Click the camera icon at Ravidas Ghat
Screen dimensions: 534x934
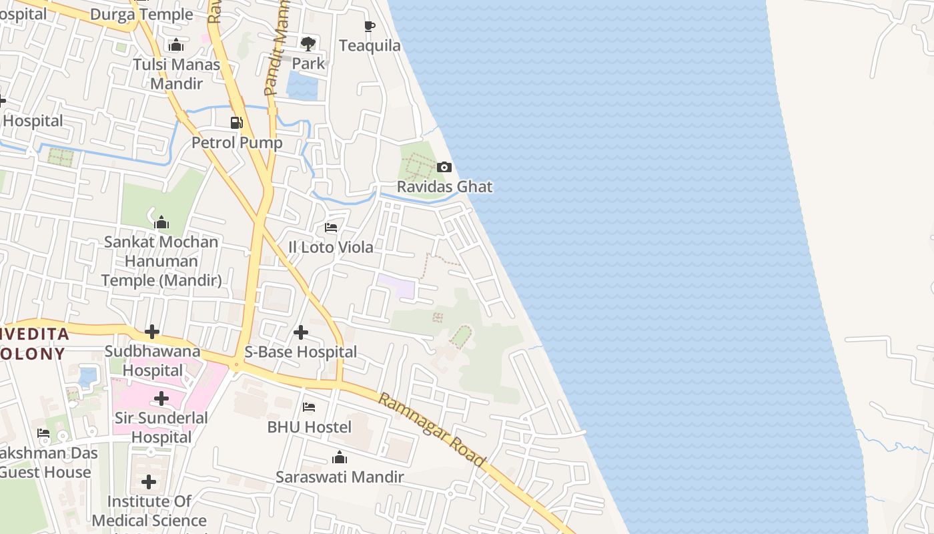[x=444, y=167]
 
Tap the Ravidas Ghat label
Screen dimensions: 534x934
[x=444, y=187]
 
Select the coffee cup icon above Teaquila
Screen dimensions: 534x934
[x=370, y=26]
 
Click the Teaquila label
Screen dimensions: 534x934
[x=370, y=45]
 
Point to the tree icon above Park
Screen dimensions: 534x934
[x=308, y=44]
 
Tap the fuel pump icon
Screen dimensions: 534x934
[x=236, y=122]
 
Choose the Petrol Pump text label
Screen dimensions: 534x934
[x=237, y=143]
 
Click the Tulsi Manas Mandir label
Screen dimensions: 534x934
[x=176, y=74]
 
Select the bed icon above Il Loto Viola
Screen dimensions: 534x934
[x=331, y=228]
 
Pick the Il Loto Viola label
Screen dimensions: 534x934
[x=331, y=247]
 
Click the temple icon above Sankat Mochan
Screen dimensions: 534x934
[x=161, y=222]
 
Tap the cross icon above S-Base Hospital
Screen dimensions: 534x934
[x=301, y=332]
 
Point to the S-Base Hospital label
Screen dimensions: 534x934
[x=301, y=352]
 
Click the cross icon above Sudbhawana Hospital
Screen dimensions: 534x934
[x=152, y=331]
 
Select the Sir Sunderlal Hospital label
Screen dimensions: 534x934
[x=161, y=427]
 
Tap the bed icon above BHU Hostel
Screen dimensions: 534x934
[x=309, y=407]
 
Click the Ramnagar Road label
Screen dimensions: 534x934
[x=431, y=430]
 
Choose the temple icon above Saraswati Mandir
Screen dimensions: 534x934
[x=340, y=457]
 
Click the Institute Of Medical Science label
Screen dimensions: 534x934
[x=149, y=511]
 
